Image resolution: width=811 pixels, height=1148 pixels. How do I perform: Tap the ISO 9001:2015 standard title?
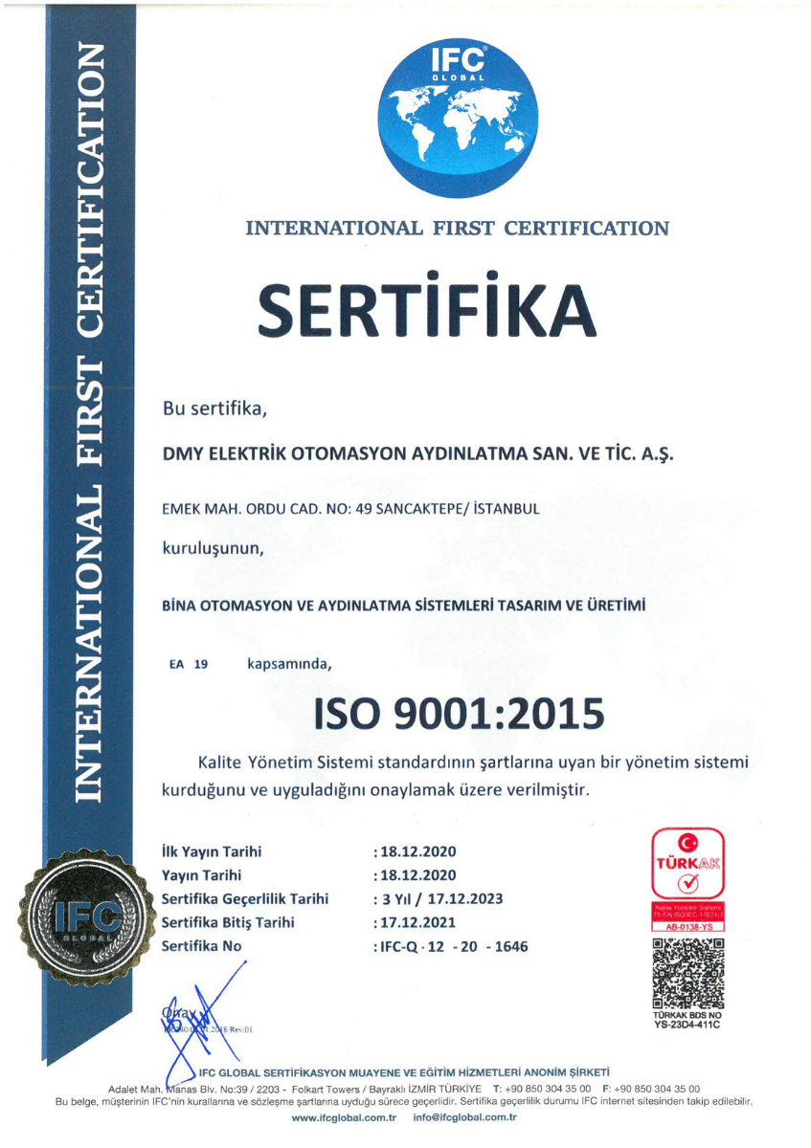456,713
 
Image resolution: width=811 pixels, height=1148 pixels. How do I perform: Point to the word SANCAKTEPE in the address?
451,510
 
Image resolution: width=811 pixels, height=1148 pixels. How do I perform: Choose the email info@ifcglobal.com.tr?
464,1118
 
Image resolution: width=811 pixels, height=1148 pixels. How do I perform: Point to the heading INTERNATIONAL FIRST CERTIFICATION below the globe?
457,229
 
